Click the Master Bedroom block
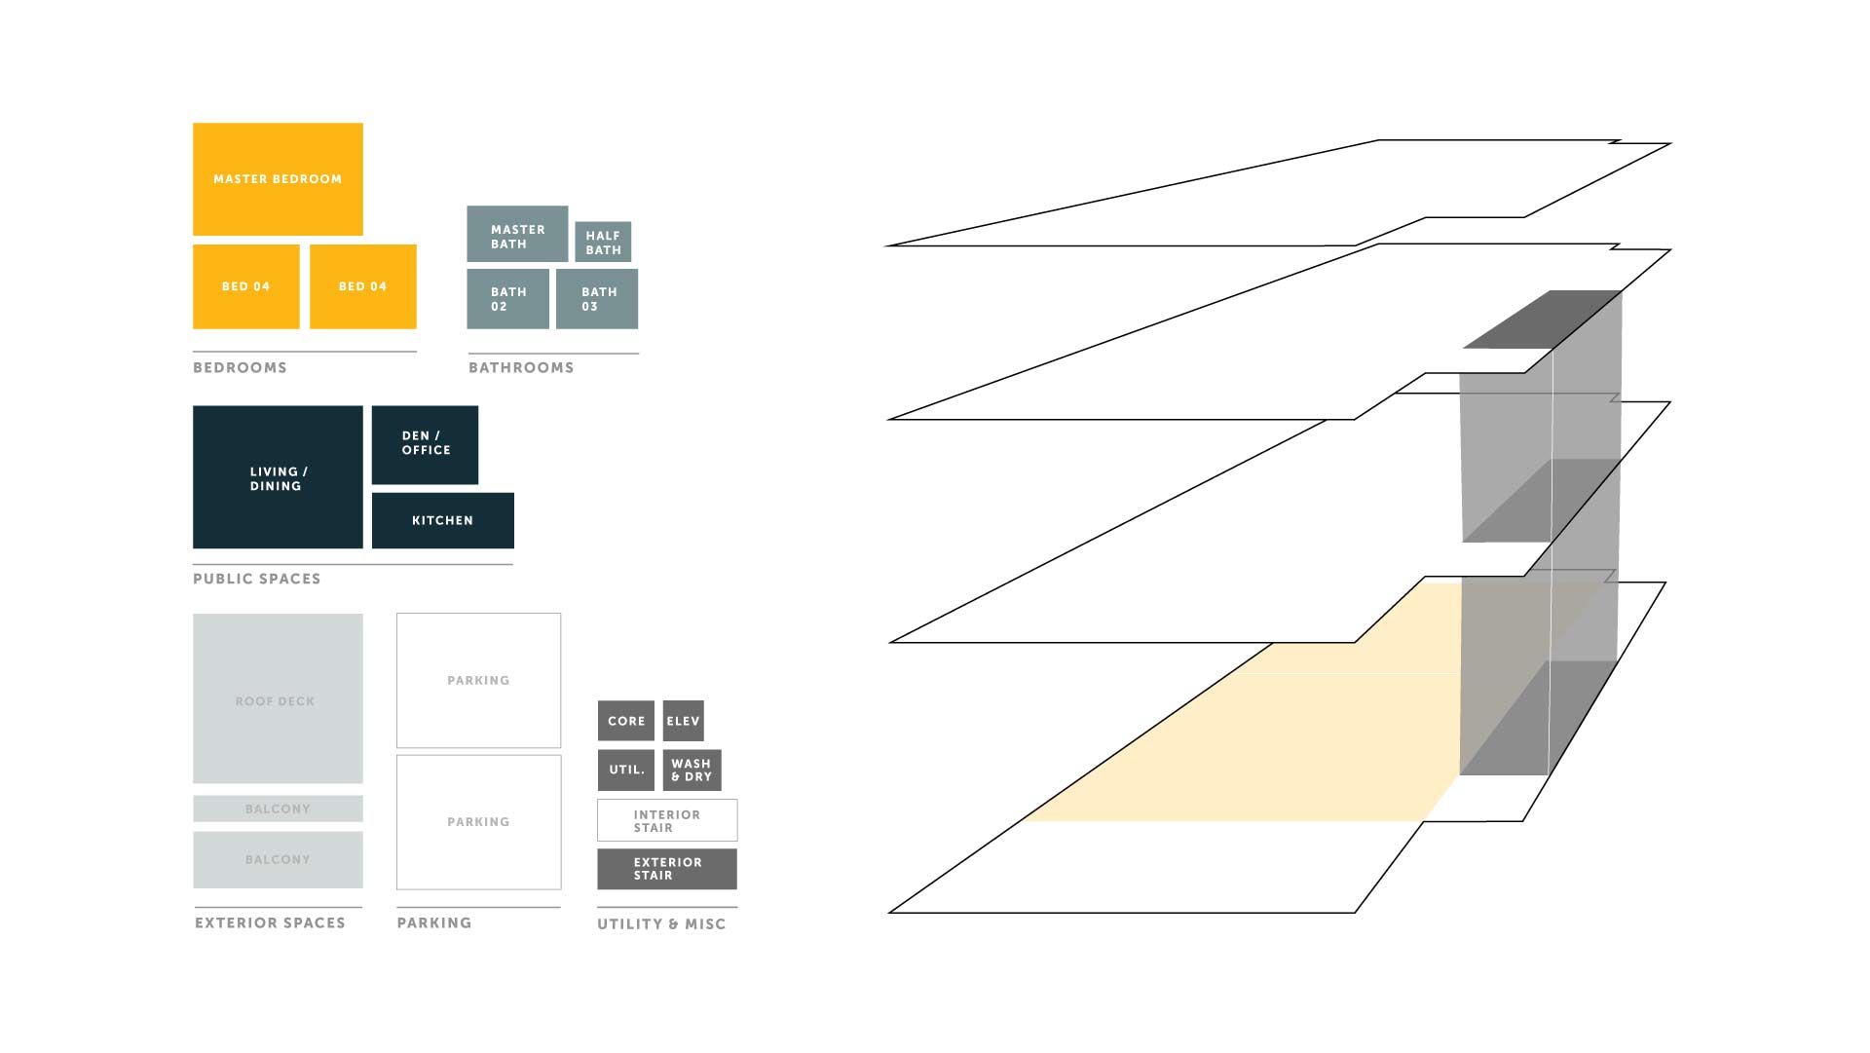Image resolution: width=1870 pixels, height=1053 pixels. point(278,179)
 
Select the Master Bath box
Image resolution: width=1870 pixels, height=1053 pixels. point(517,234)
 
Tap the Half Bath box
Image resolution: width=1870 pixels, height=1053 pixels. point(603,242)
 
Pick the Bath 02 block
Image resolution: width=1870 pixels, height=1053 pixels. point(508,299)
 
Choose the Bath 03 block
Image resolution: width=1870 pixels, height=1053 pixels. point(597,299)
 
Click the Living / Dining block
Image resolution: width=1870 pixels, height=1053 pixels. point(278,477)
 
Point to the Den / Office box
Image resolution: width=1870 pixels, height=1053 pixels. point(425,445)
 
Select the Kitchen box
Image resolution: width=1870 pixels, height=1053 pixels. point(443,520)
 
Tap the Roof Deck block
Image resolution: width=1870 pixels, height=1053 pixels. point(278,698)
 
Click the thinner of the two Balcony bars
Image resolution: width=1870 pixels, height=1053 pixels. point(278,809)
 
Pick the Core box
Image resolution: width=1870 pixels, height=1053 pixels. point(626,721)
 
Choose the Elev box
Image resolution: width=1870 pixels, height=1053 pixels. point(683,721)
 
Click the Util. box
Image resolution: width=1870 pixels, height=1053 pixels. point(626,770)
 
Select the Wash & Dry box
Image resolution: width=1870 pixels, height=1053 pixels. point(692,770)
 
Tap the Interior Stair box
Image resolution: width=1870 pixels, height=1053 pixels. point(667,820)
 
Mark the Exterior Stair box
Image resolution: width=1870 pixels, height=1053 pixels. point(667,869)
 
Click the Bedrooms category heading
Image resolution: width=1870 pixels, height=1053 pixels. point(240,367)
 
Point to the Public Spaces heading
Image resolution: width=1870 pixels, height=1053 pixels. point(256,579)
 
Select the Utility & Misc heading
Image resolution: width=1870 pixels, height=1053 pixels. point(661,923)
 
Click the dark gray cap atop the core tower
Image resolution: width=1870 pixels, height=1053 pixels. point(1543,320)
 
